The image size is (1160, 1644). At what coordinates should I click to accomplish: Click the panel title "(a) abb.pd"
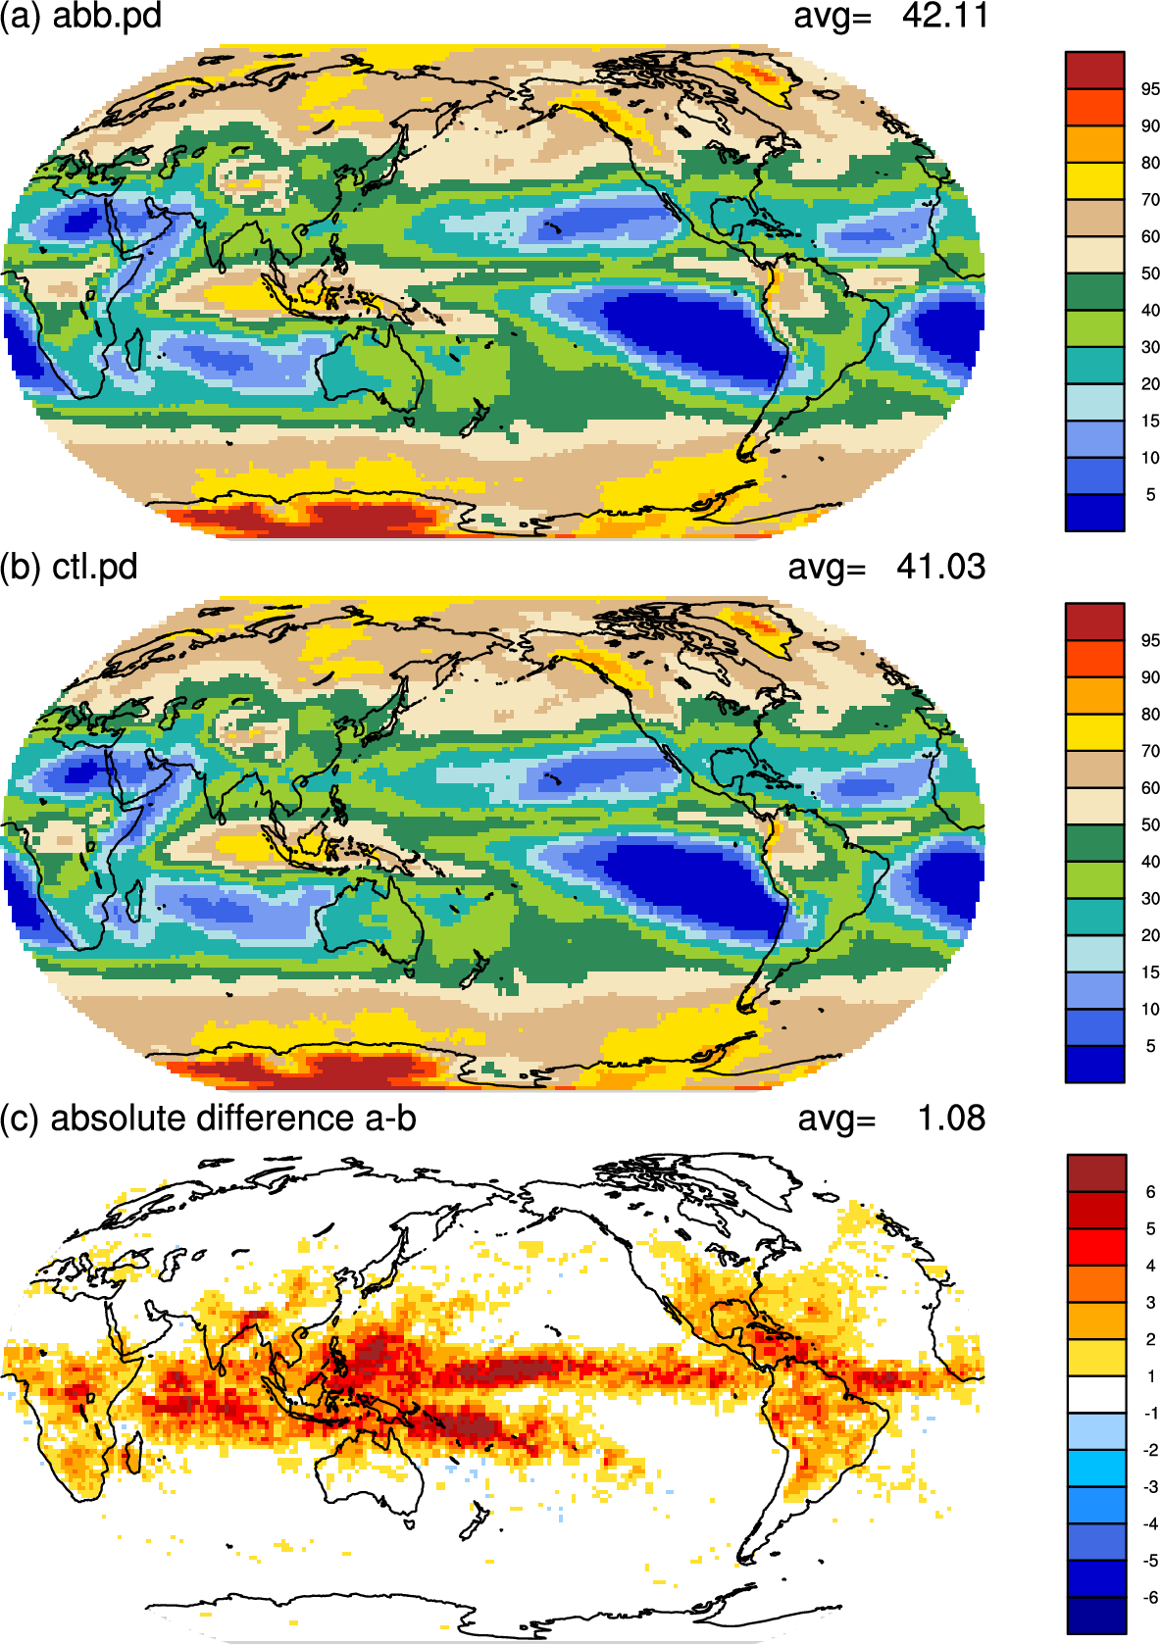coord(80,16)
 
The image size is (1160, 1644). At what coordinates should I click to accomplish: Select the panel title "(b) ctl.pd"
coord(70,568)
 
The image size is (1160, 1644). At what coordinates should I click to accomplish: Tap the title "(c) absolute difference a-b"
coord(208,1119)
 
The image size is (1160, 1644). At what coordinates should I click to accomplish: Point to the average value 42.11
coord(945,16)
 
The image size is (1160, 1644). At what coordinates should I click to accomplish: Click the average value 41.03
coord(941,568)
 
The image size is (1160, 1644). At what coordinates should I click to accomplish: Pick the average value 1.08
coord(951,1119)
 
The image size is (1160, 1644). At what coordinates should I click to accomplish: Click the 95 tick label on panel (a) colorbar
coord(1150,89)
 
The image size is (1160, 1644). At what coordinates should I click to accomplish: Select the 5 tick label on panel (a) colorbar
coord(1150,495)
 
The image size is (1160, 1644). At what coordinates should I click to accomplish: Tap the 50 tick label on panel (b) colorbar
coord(1150,824)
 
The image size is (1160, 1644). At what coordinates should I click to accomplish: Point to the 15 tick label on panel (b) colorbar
coord(1150,972)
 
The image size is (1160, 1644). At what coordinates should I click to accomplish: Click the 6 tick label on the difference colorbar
coord(1150,1192)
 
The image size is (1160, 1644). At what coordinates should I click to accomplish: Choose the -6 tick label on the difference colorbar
coord(1150,1597)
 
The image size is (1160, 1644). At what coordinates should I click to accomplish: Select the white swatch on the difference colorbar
coord(1096,1394)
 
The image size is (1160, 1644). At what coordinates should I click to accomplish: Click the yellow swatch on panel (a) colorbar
coord(1094,181)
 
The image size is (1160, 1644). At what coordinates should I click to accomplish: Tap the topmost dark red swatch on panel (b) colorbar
coord(1094,622)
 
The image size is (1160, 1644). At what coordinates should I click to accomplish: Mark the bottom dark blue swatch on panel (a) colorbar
coord(1094,513)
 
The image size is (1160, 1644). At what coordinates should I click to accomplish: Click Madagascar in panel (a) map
coord(133,350)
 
